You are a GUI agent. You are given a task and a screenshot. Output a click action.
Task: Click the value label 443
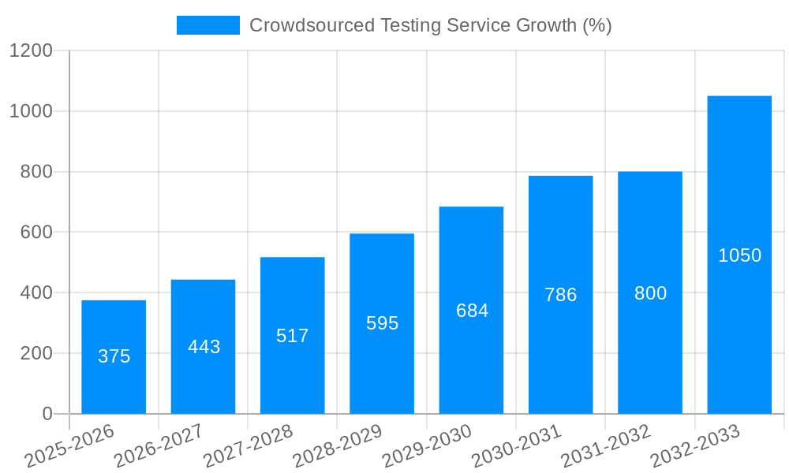[204, 347]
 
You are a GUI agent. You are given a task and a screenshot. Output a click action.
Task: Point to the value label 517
[293, 336]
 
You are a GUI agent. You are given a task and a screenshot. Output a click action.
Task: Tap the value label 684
[472, 311]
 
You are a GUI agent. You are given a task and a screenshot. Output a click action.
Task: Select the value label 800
[650, 293]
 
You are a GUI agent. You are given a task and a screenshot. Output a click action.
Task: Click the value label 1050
[739, 255]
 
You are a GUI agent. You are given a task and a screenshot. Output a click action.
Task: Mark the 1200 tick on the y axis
[32, 51]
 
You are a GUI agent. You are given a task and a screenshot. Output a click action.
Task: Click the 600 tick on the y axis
[37, 233]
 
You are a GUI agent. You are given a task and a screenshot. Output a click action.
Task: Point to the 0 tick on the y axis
[47, 414]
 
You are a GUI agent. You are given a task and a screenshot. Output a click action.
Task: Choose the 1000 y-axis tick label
[32, 111]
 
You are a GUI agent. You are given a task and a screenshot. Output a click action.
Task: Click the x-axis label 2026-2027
[159, 446]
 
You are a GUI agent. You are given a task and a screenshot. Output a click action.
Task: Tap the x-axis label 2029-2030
[427, 446]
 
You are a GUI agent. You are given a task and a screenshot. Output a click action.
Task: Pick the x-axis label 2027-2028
[248, 446]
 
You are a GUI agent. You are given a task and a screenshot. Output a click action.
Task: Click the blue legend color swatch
[208, 25]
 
